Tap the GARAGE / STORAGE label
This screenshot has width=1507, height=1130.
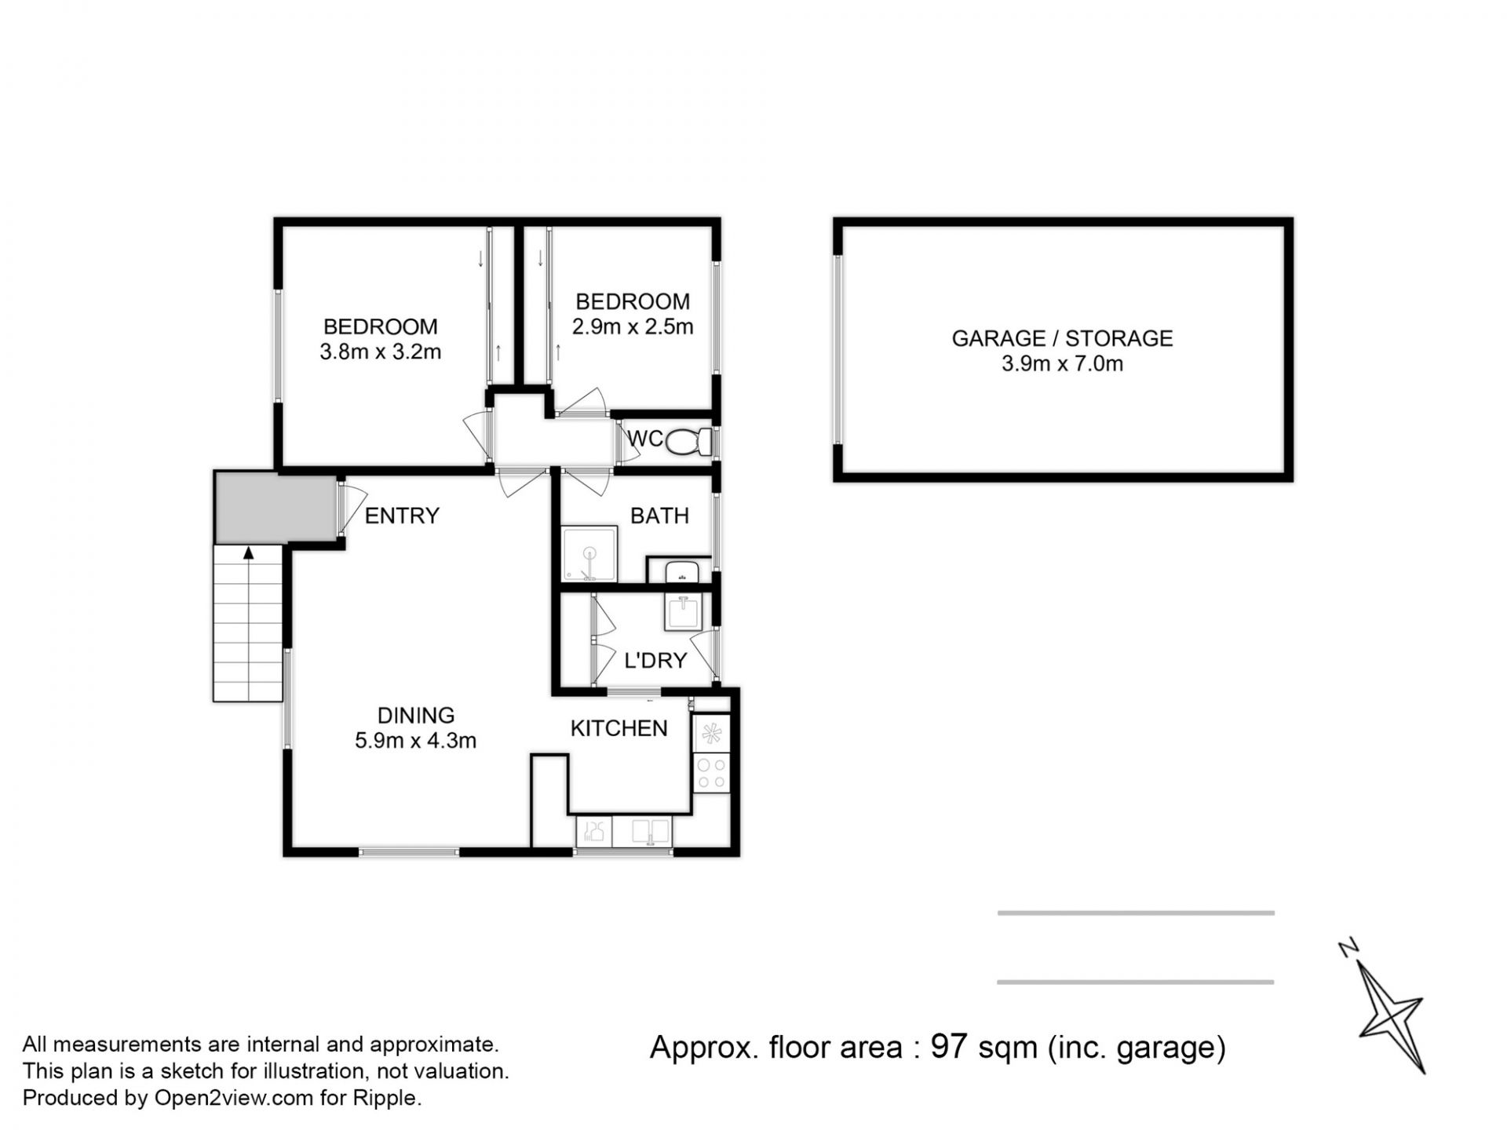coord(1062,338)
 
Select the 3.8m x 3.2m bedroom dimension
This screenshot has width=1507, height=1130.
coord(381,352)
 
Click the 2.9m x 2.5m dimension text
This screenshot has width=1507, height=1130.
coord(633,326)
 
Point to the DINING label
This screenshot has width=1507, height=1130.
coord(416,715)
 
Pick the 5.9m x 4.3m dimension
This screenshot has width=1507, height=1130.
coord(416,740)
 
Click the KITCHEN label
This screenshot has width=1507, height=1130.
coord(618,728)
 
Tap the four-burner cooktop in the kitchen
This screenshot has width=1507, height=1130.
coord(712,772)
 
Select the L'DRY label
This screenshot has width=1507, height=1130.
coord(655,661)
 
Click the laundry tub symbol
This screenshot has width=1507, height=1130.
coord(684,612)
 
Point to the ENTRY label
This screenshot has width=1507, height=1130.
coord(402,516)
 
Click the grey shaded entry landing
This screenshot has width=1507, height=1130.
coord(276,508)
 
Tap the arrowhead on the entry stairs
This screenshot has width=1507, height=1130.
coord(249,553)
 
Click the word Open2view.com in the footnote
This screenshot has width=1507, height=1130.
coord(234,1098)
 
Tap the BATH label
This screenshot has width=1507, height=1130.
coord(659,516)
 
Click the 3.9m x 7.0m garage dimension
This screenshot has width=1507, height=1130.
coord(1062,363)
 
